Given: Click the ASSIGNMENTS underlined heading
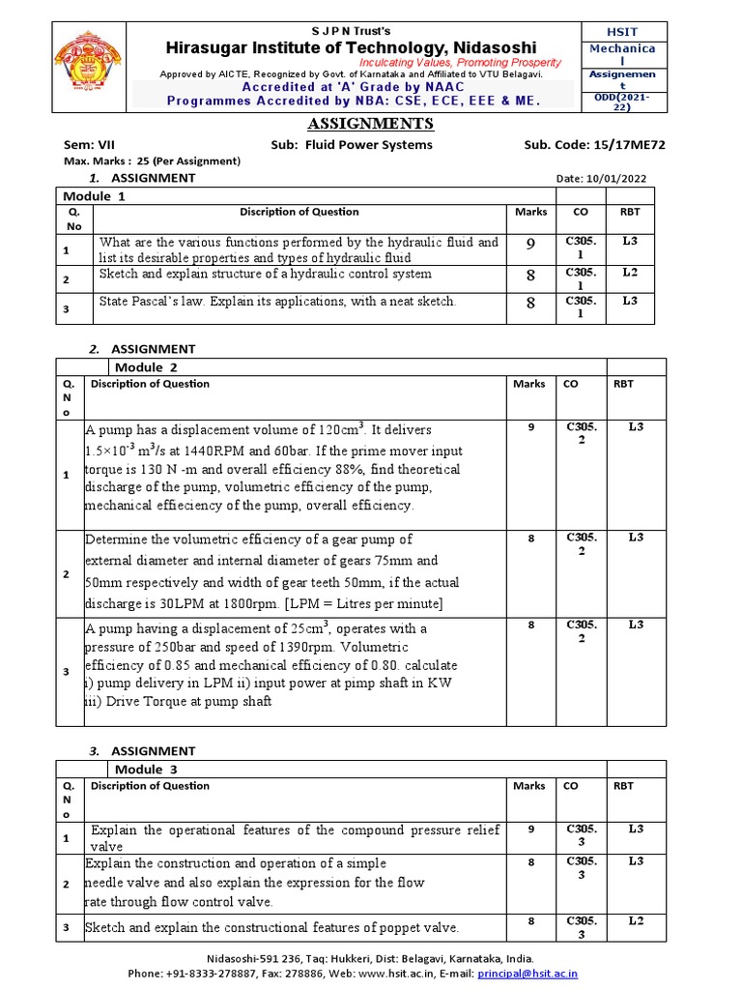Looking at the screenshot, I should tap(370, 124).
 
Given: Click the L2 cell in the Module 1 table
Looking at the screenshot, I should tap(629, 273).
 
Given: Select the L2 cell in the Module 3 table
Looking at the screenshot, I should tap(635, 920).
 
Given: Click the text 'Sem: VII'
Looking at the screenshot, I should tap(88, 145).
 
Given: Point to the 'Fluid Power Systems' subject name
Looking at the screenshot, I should tap(368, 145).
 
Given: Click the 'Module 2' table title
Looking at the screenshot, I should tap(146, 367).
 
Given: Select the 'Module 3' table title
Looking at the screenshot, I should tap(146, 769).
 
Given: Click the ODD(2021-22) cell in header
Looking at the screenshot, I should tap(622, 102).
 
